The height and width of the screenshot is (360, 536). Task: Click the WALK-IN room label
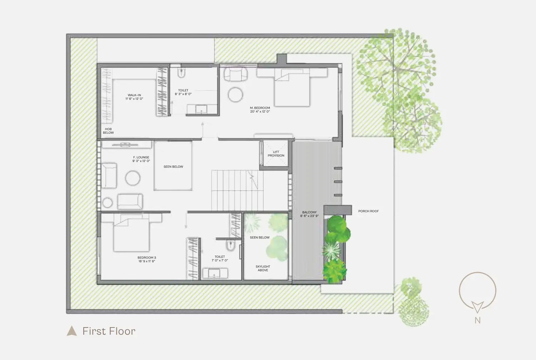134,95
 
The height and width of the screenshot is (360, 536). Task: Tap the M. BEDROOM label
260,108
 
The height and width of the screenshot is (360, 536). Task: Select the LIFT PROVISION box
276,153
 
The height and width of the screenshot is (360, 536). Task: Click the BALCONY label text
309,212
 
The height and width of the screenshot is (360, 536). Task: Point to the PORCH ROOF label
368,211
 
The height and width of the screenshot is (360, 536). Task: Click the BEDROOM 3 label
147,257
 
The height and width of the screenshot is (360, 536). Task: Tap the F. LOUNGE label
141,157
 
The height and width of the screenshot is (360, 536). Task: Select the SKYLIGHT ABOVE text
263,268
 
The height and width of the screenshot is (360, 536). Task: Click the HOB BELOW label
108,131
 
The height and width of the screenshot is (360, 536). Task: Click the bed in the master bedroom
292,88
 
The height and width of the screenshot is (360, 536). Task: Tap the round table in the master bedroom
235,95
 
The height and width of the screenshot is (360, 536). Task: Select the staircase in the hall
237,190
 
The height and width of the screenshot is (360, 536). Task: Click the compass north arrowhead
477,307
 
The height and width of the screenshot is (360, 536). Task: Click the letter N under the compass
478,321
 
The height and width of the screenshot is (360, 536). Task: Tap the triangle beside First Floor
71,331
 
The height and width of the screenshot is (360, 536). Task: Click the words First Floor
109,331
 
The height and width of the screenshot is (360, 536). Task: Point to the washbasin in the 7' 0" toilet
215,273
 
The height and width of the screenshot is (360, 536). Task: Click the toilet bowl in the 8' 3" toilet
182,73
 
